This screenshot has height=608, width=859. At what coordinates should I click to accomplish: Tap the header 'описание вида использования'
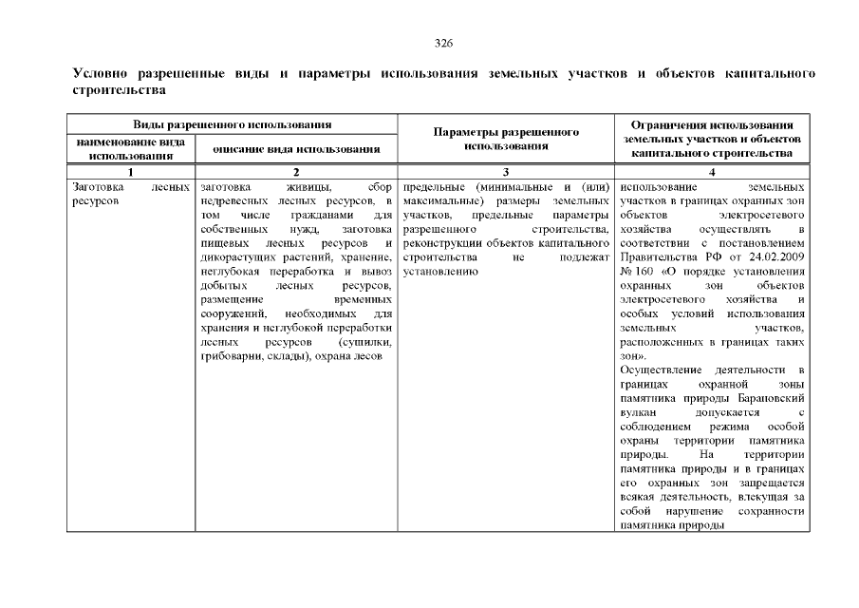click(x=296, y=149)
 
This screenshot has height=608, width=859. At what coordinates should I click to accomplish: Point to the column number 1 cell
click(x=131, y=171)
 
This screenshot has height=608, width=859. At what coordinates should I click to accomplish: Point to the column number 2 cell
click(x=296, y=171)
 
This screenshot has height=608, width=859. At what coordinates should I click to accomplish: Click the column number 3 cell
click(x=505, y=171)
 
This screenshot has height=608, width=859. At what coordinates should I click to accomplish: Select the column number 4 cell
click(x=712, y=171)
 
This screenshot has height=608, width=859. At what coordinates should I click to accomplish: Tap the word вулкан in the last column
click(x=638, y=412)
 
